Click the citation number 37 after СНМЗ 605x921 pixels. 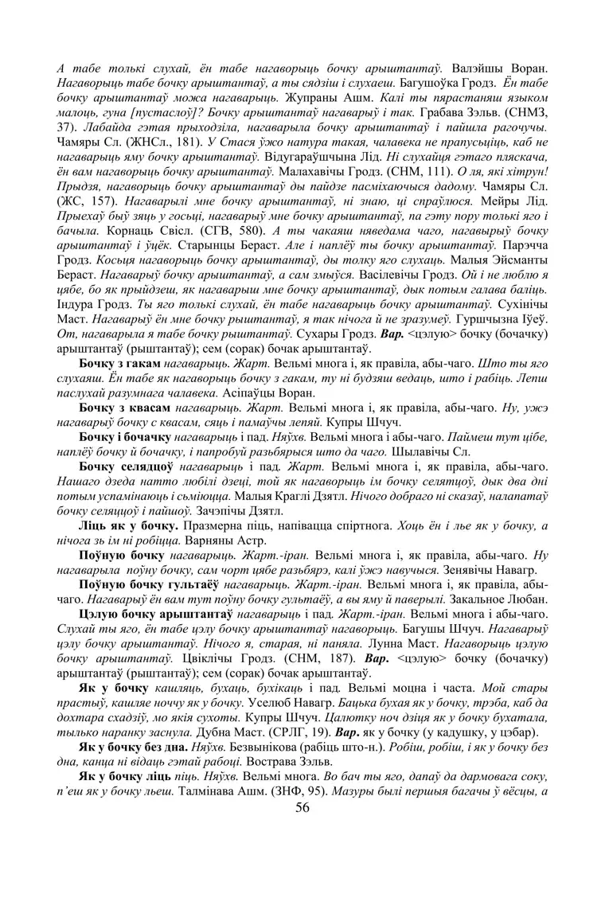[x=64, y=127]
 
